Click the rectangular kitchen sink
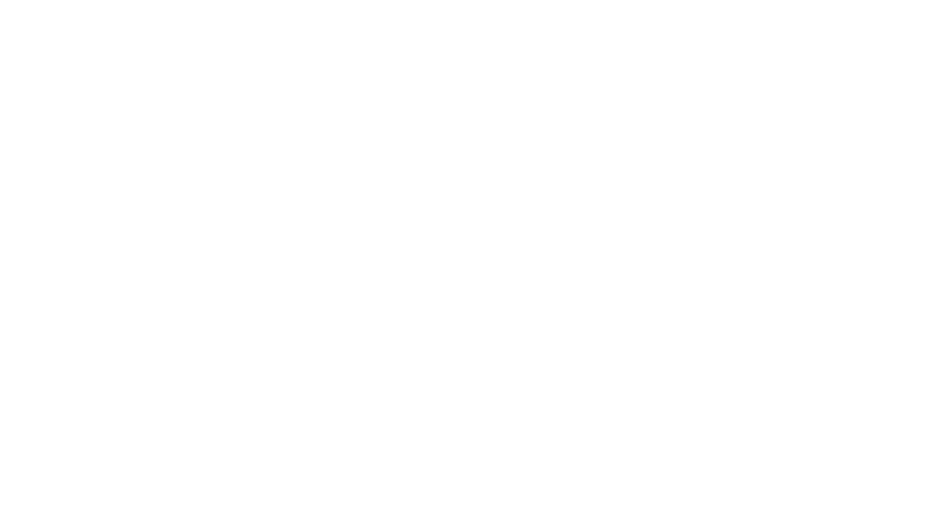[185, 172]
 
